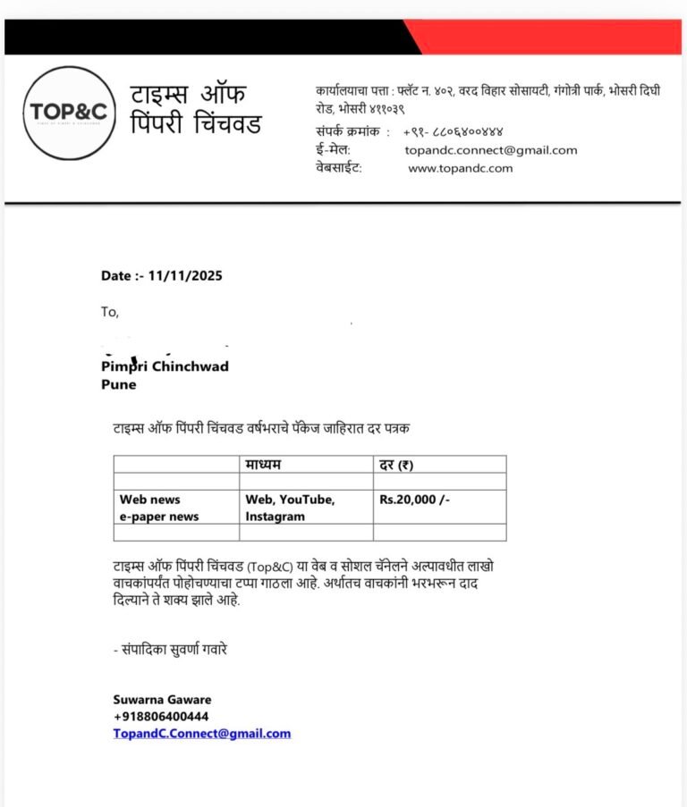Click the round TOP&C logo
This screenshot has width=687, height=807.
tap(70, 113)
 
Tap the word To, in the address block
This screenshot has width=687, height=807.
tap(109, 312)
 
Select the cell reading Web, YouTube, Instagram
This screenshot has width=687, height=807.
tap(290, 508)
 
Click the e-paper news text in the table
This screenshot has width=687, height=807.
tap(159, 517)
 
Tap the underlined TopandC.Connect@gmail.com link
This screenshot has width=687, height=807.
tap(202, 734)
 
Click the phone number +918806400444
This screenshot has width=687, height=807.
tap(161, 717)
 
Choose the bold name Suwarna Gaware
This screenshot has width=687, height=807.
tap(162, 700)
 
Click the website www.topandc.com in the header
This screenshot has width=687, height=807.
tap(461, 168)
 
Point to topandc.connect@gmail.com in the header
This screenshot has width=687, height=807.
tap(490, 150)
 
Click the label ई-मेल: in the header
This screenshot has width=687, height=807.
tap(333, 150)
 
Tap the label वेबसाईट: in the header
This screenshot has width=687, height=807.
tap(338, 168)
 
